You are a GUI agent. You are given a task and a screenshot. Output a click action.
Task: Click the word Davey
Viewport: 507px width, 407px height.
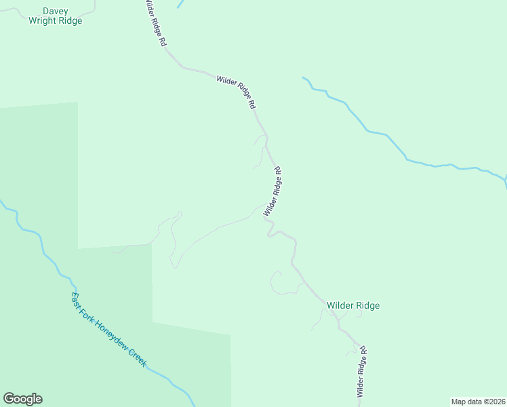point(55,11)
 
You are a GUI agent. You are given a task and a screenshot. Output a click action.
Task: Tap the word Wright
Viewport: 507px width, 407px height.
point(43,21)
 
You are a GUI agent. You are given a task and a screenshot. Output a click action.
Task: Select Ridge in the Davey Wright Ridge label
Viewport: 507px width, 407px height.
point(70,21)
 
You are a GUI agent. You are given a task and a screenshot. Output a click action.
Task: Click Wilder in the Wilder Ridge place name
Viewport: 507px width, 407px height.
point(340,306)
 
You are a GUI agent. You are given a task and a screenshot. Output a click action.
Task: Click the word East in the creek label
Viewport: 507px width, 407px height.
point(77,299)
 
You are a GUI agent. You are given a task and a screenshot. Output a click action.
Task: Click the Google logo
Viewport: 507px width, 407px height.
point(22,399)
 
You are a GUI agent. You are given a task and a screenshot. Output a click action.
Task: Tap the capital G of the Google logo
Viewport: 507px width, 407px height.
point(9,399)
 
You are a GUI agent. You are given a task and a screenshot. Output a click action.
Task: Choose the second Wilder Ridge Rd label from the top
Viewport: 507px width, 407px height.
point(236,92)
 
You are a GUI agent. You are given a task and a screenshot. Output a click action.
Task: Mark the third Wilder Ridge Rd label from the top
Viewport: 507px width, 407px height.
point(272,191)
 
